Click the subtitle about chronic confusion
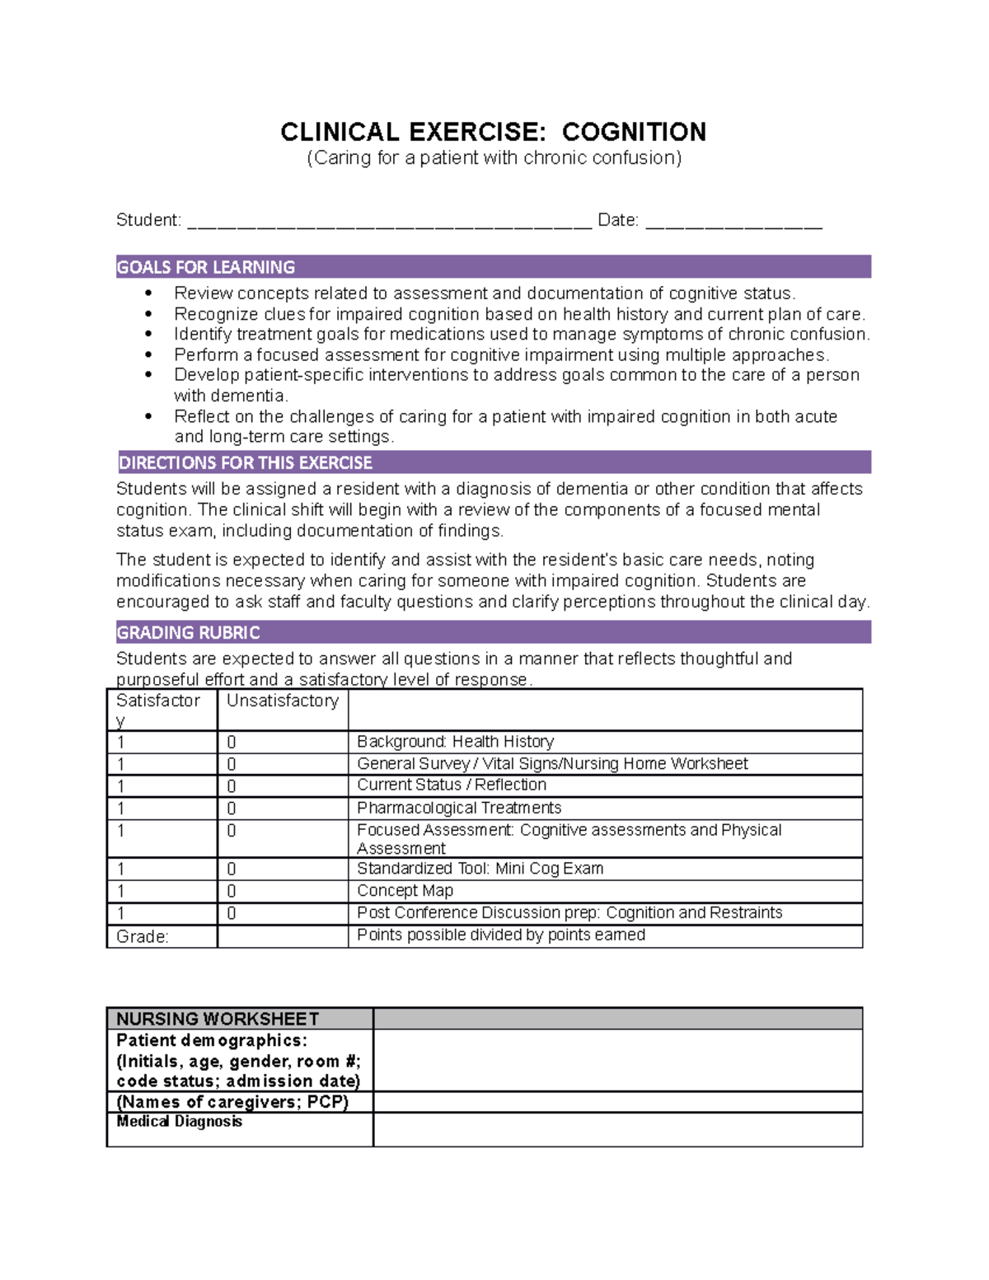tap(494, 158)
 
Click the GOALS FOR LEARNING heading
tap(206, 267)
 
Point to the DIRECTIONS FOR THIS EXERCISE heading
tap(246, 462)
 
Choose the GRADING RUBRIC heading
tap(189, 632)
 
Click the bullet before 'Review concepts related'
tap(148, 293)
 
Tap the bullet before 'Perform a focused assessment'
tap(148, 355)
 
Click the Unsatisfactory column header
tap(282, 701)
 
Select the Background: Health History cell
tap(455, 742)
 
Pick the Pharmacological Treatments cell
tap(459, 808)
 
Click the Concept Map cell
tap(405, 891)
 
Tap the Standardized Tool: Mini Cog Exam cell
tap(480, 869)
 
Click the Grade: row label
tap(143, 937)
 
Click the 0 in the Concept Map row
tap(232, 892)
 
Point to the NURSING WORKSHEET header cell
tap(218, 1019)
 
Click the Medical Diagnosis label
tap(180, 1122)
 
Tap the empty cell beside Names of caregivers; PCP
tap(617, 1102)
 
